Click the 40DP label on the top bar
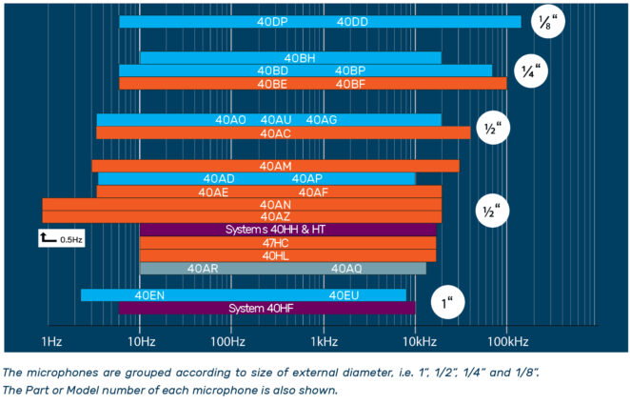272,22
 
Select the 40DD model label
352,22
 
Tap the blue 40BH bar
290,58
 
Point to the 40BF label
350,84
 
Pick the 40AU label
276,120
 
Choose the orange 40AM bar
275,167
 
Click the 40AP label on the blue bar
306,179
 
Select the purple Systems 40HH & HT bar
287,230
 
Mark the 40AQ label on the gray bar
346,269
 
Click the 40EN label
149,295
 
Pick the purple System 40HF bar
267,309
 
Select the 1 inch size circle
447,304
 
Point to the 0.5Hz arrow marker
48,238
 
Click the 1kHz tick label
324,340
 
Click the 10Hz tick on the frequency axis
140,340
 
